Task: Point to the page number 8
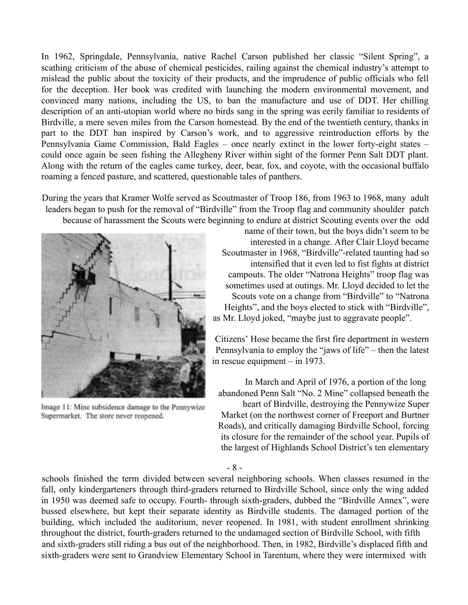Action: click(x=234, y=467)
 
